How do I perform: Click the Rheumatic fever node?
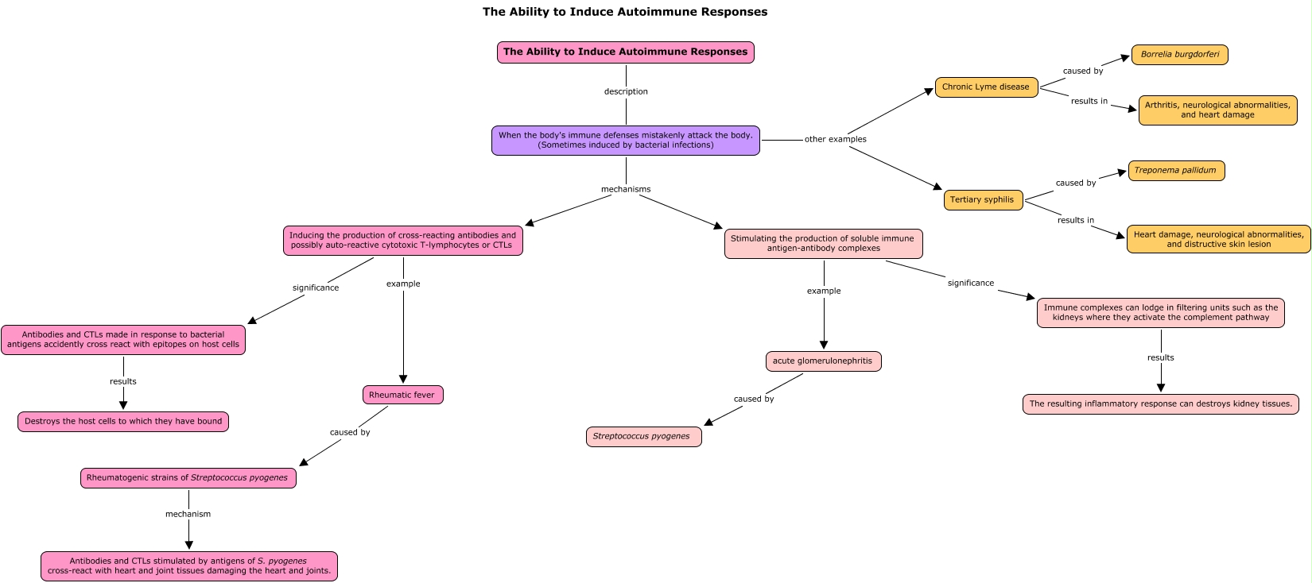coord(403,395)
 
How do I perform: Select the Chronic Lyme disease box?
coord(986,87)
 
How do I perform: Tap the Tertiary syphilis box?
coord(983,200)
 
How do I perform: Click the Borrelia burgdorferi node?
coord(1180,55)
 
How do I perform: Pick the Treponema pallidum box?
coord(1176,171)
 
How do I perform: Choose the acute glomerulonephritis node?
coord(823,361)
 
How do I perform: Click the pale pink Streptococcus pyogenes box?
coord(644,437)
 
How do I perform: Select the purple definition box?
coord(626,141)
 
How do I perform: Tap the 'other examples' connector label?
coord(835,139)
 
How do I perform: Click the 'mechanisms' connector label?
coord(626,189)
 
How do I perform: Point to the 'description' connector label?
coord(626,91)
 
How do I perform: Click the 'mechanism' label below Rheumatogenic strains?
coord(188,514)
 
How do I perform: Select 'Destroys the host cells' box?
coord(123,422)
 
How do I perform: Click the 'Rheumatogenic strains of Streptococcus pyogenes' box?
coord(188,478)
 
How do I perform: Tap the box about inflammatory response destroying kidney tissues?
coord(1160,404)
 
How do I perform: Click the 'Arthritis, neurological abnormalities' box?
coord(1217,110)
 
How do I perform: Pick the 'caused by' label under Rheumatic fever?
coord(350,433)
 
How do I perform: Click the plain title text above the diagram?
coord(625,12)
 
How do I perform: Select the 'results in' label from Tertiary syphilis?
coord(1075,220)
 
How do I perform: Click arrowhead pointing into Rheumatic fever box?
coord(403,380)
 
